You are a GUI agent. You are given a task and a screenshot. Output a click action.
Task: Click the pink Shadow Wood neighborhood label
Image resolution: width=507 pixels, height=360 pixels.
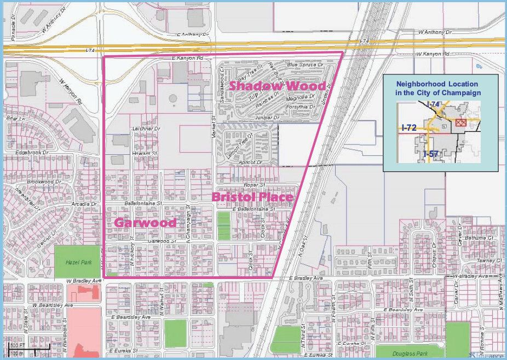coord(277,86)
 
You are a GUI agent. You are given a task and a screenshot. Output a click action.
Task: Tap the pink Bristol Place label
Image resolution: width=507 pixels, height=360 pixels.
coord(252,196)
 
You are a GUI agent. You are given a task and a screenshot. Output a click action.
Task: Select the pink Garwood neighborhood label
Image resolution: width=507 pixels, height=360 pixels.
coord(145,223)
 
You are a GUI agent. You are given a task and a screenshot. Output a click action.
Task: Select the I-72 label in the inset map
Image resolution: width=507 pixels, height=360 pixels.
coord(408,127)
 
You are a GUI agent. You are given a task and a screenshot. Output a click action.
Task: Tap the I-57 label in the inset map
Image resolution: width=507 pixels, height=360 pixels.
coord(430,154)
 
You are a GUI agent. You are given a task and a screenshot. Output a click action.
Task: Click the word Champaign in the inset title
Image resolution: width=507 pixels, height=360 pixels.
coord(463,93)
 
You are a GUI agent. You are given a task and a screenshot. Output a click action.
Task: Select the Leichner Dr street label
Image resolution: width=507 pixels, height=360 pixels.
coord(146,129)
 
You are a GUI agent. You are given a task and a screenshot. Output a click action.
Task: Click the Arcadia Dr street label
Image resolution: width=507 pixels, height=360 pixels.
coord(85,204)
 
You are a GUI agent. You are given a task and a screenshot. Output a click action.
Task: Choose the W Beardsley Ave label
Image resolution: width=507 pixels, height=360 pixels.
coord(53,305)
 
